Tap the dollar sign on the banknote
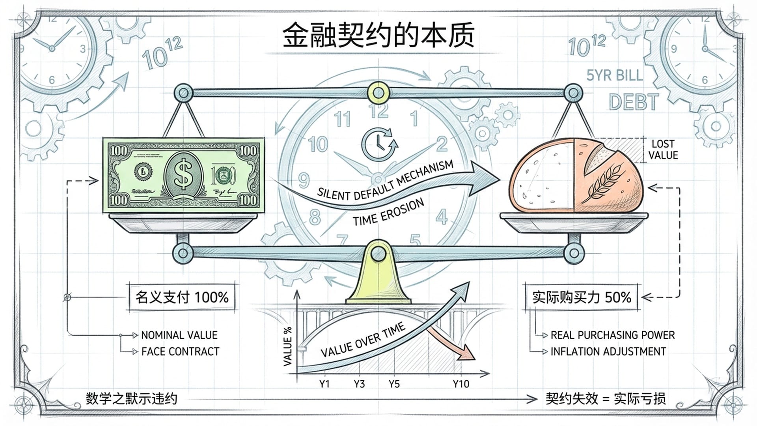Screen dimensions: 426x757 (183, 174)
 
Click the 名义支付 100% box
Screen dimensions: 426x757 (182, 297)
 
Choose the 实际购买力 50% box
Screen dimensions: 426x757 (582, 297)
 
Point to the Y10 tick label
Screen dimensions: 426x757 (461, 384)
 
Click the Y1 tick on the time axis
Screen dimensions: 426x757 (324, 384)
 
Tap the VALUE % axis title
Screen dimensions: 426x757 (288, 346)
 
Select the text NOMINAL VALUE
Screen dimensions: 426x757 (179, 335)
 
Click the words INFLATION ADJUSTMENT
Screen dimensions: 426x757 (608, 351)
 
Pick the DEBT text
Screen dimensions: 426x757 (634, 102)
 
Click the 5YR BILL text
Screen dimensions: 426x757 (614, 75)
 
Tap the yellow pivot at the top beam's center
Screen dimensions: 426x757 (378, 93)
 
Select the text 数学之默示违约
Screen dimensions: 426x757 (132, 399)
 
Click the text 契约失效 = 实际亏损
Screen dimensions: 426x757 (606, 399)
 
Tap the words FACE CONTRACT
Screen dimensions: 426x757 (180, 351)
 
